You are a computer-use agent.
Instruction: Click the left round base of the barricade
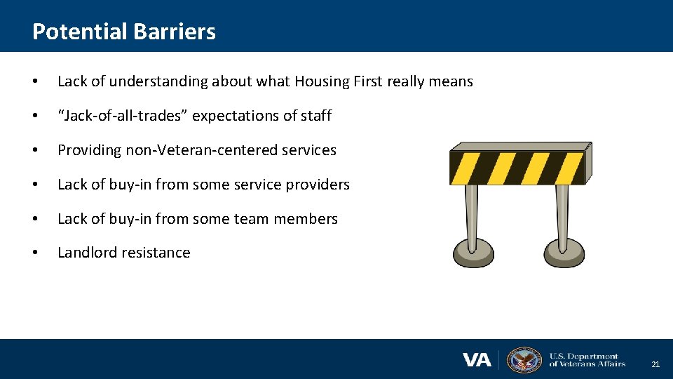tap(474, 252)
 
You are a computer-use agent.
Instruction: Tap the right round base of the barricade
tap(564, 252)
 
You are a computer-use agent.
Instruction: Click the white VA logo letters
tap(477, 360)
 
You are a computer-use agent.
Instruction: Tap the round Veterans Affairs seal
tap(524, 360)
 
